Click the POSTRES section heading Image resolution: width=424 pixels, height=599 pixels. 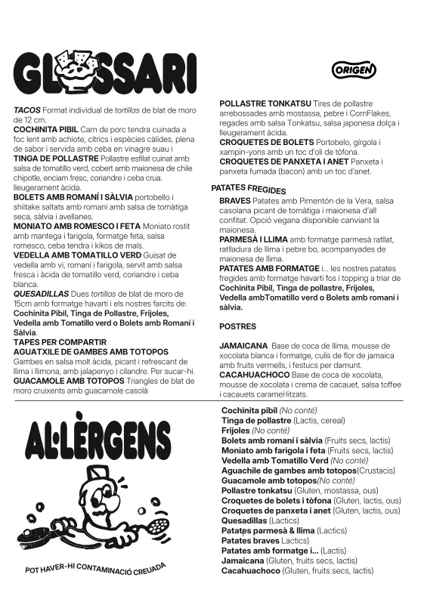point(237,326)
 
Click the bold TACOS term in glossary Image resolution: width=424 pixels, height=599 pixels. point(27,110)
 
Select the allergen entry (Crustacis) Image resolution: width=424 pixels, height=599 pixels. point(361,470)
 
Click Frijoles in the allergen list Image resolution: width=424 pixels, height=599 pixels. point(236,431)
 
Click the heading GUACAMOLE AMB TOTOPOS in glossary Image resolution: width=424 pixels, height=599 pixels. point(69,381)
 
